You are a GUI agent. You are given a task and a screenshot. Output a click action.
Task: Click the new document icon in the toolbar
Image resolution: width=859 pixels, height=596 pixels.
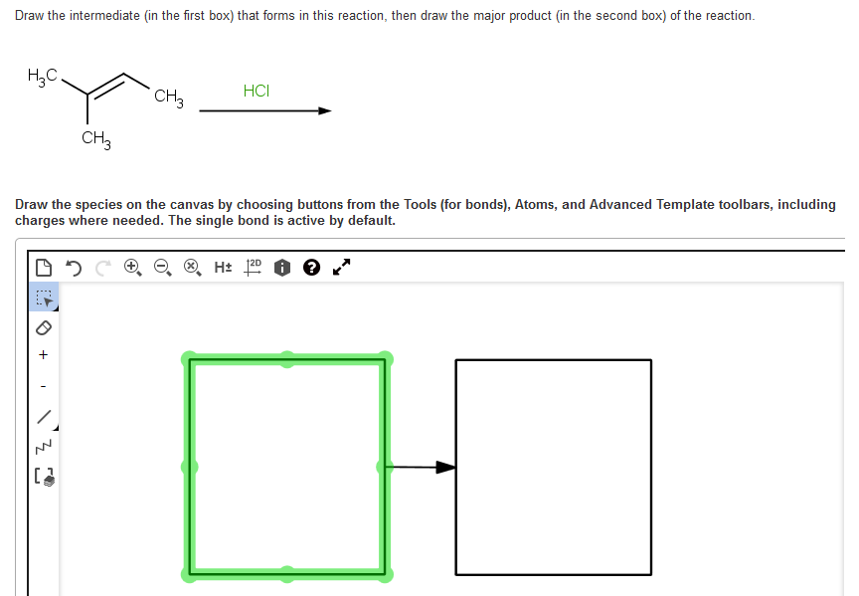43,267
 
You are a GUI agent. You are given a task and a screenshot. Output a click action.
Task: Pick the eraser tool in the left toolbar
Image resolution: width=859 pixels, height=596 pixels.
43,327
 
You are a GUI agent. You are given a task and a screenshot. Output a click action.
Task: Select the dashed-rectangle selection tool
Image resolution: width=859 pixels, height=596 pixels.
43,298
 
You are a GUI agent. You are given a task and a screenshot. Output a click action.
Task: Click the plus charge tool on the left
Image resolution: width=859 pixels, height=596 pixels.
43,355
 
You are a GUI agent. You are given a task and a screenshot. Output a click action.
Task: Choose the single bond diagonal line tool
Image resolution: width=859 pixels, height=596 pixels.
43,415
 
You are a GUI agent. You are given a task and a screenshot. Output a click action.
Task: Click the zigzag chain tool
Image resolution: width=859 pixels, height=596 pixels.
43,445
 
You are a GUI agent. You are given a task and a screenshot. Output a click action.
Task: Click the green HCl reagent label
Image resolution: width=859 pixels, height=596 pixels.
256,91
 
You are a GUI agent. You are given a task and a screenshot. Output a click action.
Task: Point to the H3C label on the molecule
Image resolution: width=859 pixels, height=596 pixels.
43,78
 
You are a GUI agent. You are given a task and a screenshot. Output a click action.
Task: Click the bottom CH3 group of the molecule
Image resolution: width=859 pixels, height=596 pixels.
96,139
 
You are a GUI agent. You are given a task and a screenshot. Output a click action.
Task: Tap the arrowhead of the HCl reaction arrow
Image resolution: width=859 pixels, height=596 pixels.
324,111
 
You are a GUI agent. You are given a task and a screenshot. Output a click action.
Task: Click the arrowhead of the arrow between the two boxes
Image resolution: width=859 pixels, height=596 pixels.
446,467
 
